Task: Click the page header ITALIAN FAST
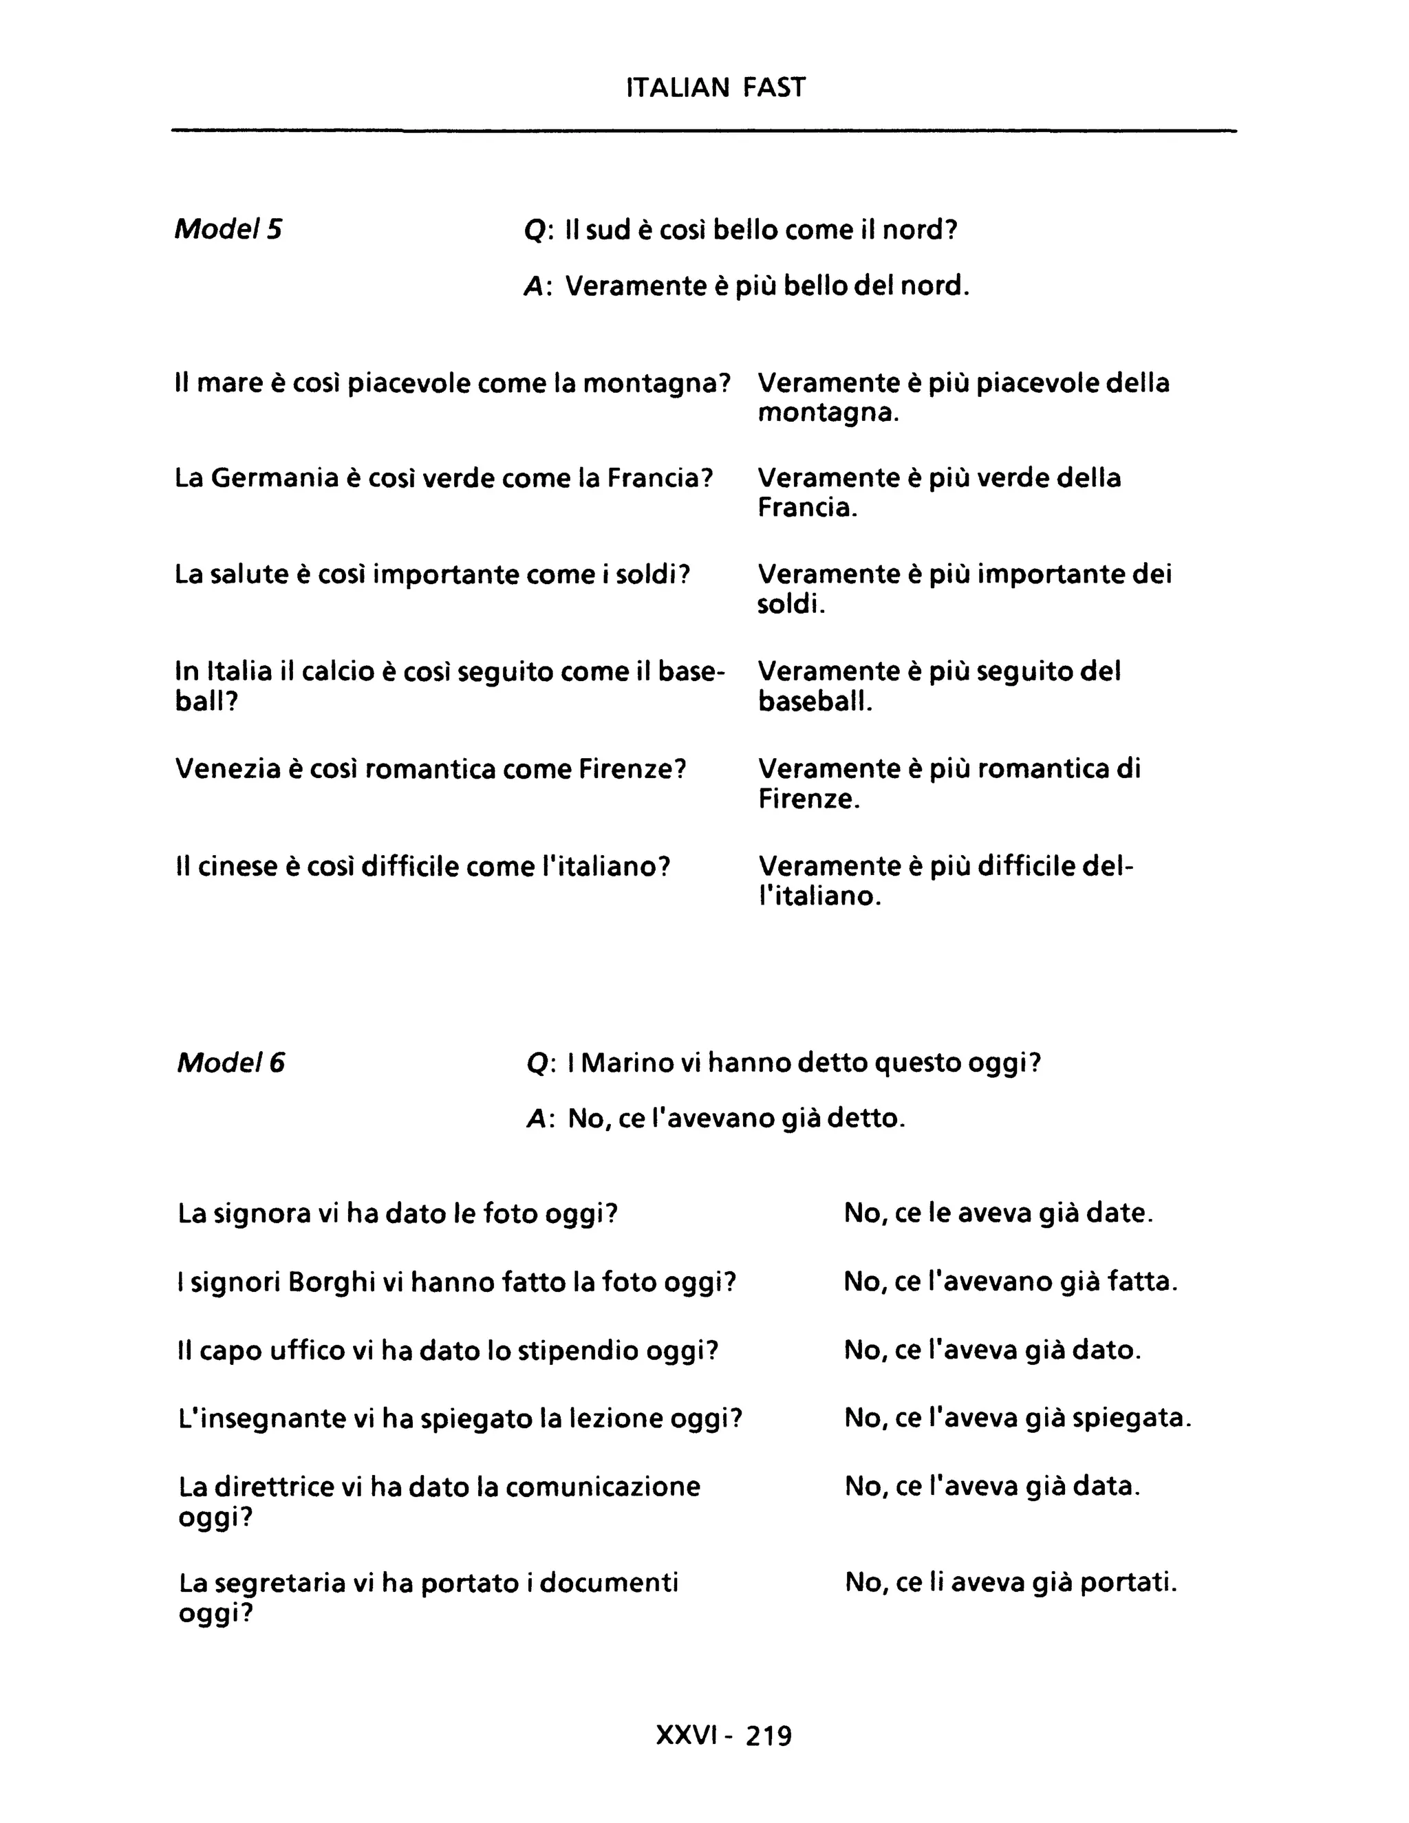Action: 716,87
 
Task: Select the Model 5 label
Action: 228,228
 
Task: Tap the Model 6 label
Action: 230,1063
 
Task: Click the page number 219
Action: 768,1736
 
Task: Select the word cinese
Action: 238,866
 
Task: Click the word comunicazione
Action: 603,1487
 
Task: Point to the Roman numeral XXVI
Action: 686,1736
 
